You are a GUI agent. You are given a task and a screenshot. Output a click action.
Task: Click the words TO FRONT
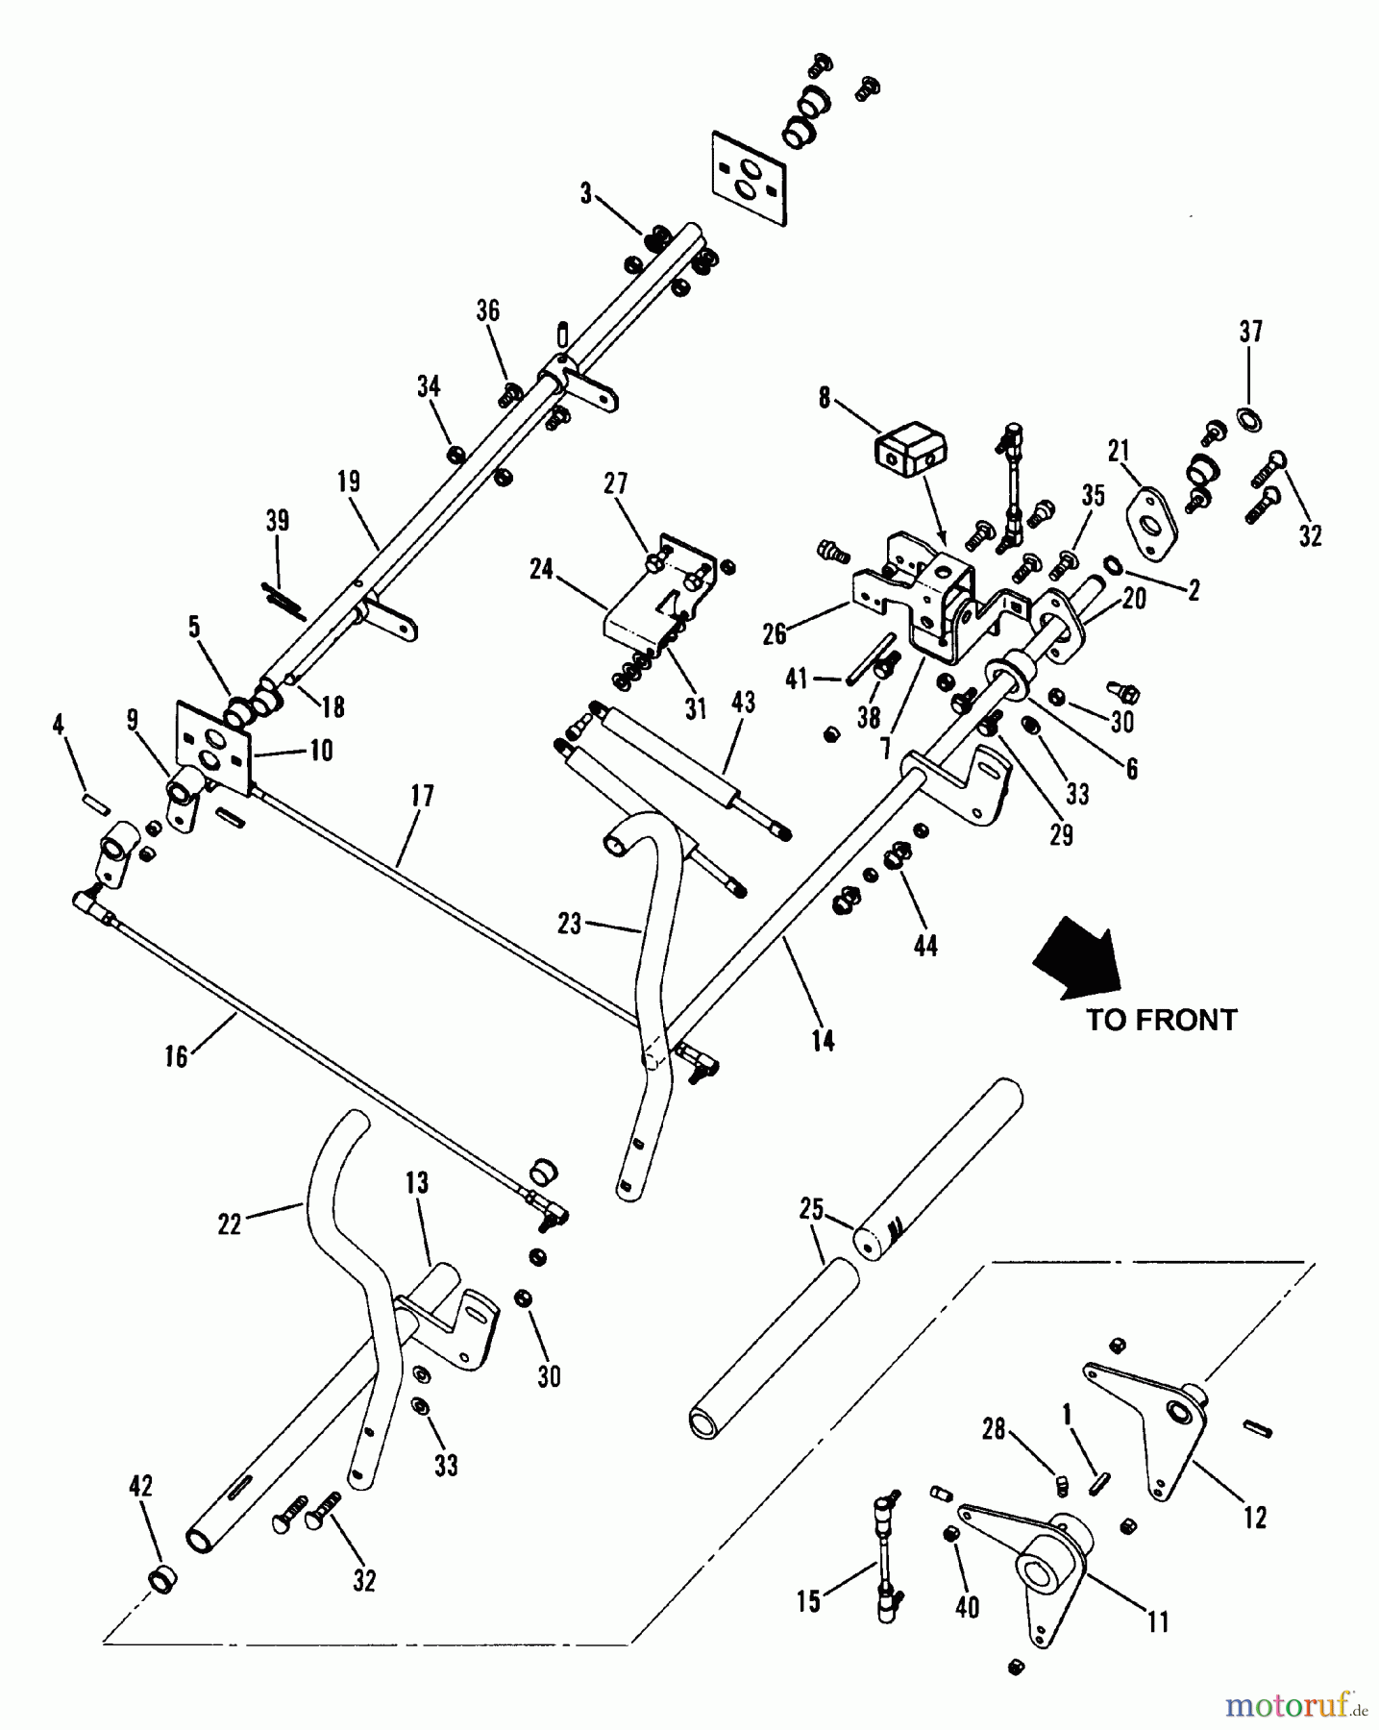pyautogui.click(x=1161, y=1020)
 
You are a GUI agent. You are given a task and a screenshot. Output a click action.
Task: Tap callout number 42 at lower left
pyautogui.click(x=140, y=1487)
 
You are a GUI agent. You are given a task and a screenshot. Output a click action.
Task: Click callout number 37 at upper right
pyautogui.click(x=1249, y=332)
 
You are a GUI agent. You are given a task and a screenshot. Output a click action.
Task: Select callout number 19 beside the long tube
pyautogui.click(x=349, y=481)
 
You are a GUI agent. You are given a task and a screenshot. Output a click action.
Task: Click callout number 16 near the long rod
pyautogui.click(x=176, y=1057)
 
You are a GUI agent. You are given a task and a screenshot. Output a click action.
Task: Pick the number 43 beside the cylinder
pyautogui.click(x=743, y=703)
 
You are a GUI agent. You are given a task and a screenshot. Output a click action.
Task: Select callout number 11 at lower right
pyautogui.click(x=1158, y=1621)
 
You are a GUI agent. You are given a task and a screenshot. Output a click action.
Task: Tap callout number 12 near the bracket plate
pyautogui.click(x=1254, y=1518)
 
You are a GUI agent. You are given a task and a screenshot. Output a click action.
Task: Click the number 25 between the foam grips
pyautogui.click(x=812, y=1208)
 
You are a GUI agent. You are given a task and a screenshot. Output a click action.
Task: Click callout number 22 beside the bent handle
pyautogui.click(x=229, y=1223)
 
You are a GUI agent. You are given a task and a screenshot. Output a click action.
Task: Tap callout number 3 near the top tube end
pyautogui.click(x=586, y=193)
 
